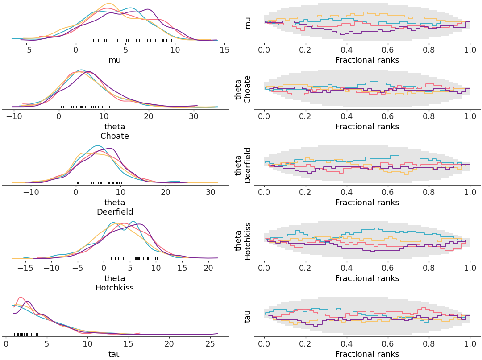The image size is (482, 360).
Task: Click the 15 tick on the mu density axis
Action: tap(224, 50)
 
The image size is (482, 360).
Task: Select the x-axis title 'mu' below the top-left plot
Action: tap(115, 60)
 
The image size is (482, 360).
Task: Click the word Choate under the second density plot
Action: tap(115, 136)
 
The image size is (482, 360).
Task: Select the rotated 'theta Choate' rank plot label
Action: tap(243, 89)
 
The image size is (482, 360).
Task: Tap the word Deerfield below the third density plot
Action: tap(115, 212)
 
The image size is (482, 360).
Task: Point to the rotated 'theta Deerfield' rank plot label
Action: tap(243, 165)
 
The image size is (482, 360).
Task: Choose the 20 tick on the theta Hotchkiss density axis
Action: tap(208, 268)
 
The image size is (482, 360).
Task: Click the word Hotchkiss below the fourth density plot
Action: tap(115, 288)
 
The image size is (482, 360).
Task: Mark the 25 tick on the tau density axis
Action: tap(209, 344)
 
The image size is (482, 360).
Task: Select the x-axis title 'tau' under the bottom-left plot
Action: tap(115, 354)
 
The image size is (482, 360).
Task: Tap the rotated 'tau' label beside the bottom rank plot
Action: tap(248, 316)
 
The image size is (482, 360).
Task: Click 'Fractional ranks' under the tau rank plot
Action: tap(367, 354)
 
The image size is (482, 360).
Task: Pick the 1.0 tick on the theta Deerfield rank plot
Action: tap(470, 192)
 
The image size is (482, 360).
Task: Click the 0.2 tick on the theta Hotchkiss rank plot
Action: tap(305, 268)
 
